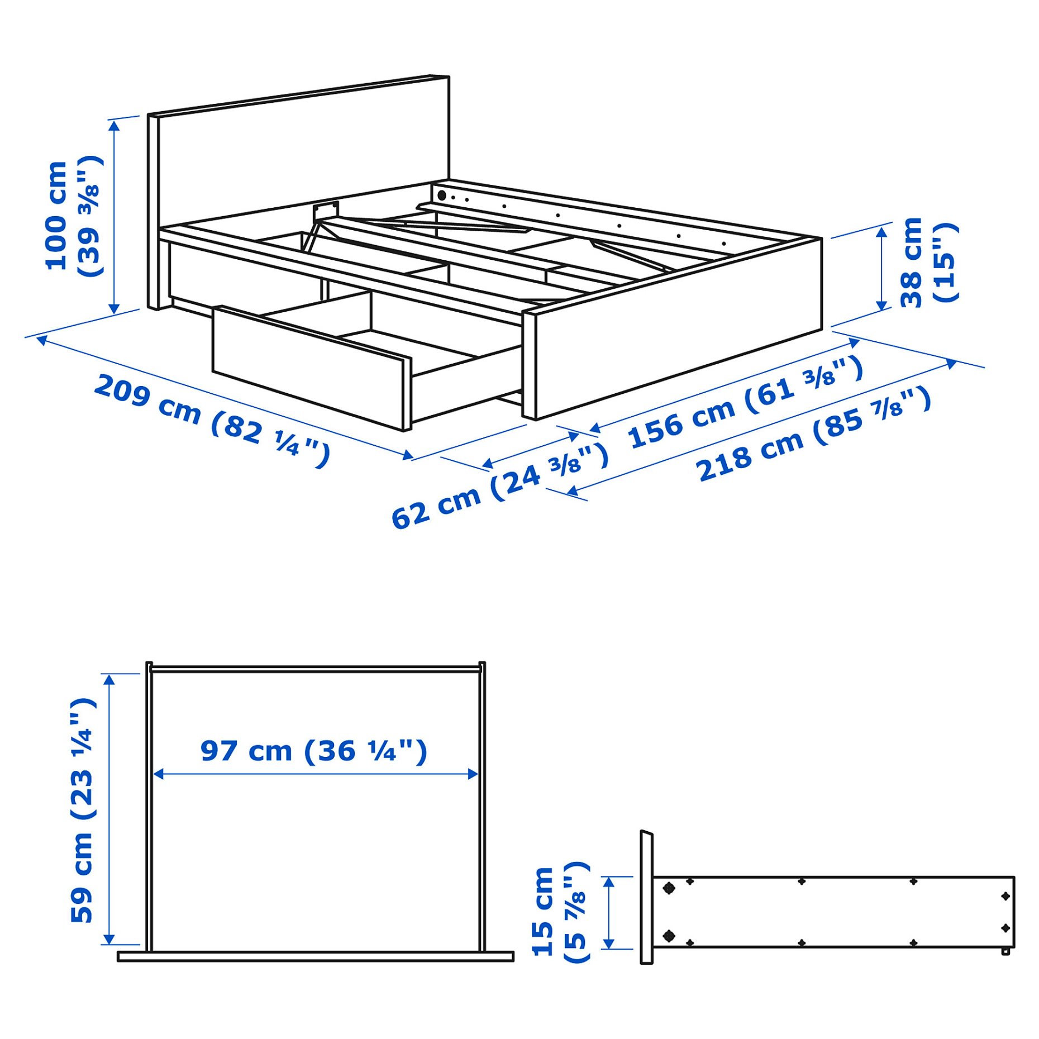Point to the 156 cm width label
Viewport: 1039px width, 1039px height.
(x=745, y=401)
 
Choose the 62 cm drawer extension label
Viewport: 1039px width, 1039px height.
(x=499, y=484)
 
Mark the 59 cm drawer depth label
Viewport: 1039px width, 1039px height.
(x=83, y=810)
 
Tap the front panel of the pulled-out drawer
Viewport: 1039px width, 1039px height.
(x=310, y=369)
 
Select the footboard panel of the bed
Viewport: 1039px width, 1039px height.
(x=676, y=330)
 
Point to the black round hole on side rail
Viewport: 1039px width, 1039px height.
(x=441, y=196)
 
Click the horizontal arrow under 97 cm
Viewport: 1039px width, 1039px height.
(x=316, y=774)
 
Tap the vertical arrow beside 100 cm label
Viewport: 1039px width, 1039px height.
(x=114, y=217)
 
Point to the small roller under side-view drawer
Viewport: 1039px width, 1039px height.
(x=1005, y=951)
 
